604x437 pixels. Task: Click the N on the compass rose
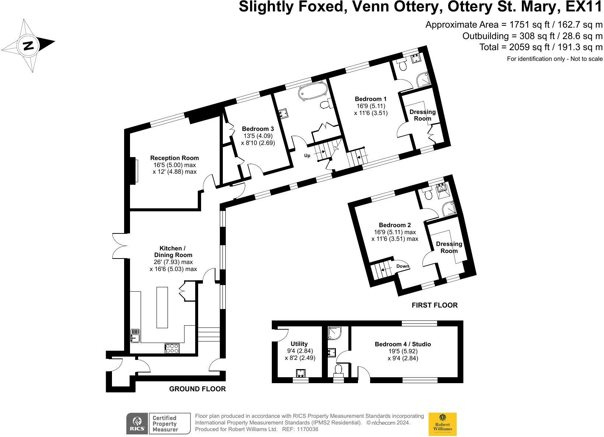click(x=28, y=45)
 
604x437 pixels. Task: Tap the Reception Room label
click(x=175, y=158)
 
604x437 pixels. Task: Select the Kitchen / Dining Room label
click(x=173, y=252)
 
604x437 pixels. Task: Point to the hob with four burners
click(x=172, y=348)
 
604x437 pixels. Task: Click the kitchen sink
click(x=135, y=336)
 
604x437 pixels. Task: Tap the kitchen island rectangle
click(x=162, y=308)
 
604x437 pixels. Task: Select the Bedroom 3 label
click(x=258, y=129)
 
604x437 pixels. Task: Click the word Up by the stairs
click(x=307, y=156)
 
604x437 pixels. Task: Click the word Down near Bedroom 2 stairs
click(x=403, y=266)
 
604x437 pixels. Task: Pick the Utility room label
click(x=299, y=344)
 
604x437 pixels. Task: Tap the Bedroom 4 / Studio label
click(x=403, y=344)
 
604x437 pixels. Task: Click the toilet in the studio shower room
click(x=338, y=370)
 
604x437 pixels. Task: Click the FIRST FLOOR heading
click(x=435, y=305)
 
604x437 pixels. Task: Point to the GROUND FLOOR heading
click(x=197, y=389)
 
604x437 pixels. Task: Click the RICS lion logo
click(x=137, y=424)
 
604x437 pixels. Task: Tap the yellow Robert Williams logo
click(x=442, y=424)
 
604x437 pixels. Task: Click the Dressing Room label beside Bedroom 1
click(x=422, y=115)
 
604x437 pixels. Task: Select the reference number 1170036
click(x=308, y=430)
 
